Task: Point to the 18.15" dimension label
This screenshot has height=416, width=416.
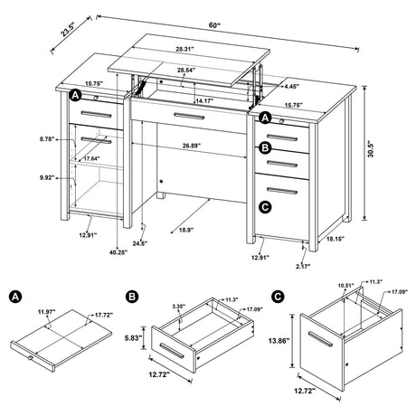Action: pos(335,239)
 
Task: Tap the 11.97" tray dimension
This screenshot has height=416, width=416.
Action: pos(46,312)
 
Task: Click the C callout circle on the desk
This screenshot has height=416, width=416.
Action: pos(265,207)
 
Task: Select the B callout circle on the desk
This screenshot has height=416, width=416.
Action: pos(265,147)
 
